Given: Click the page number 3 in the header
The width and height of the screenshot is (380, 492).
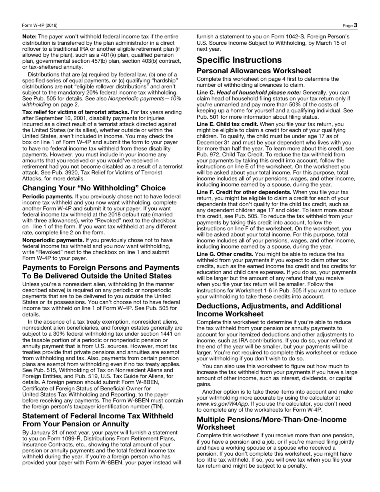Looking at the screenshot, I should click(x=355, y=25).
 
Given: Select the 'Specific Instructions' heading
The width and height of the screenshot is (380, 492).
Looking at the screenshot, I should click(x=239, y=60).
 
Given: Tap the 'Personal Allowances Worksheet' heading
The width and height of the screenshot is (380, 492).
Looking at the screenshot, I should click(x=254, y=71).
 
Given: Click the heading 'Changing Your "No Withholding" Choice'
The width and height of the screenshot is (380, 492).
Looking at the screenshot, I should click(x=94, y=188).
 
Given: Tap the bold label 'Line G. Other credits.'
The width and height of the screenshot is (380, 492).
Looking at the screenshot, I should click(x=225, y=254).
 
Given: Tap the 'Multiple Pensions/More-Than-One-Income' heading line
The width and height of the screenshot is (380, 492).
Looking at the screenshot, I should click(x=272, y=419).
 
